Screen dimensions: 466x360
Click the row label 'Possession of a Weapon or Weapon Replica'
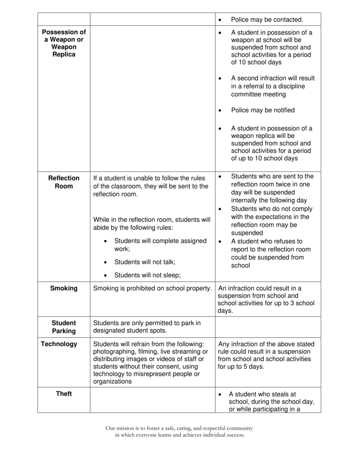click(x=64, y=43)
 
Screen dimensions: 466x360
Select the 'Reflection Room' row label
click(x=64, y=182)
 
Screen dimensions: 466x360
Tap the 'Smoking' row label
click(x=64, y=289)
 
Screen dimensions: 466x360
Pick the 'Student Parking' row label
click(x=64, y=327)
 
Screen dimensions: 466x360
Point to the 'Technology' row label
click(x=59, y=344)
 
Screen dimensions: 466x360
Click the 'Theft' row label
click(x=64, y=394)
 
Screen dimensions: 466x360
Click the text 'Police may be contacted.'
click(x=267, y=20)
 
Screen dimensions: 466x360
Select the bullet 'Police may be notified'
click(x=263, y=110)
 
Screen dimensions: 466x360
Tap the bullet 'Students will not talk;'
click(x=145, y=262)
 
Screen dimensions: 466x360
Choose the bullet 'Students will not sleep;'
click(x=147, y=275)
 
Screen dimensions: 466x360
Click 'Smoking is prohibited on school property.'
click(x=152, y=289)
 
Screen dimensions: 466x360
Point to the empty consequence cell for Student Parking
click(x=268, y=327)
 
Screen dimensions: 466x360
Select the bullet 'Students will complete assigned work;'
click(x=160, y=245)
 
